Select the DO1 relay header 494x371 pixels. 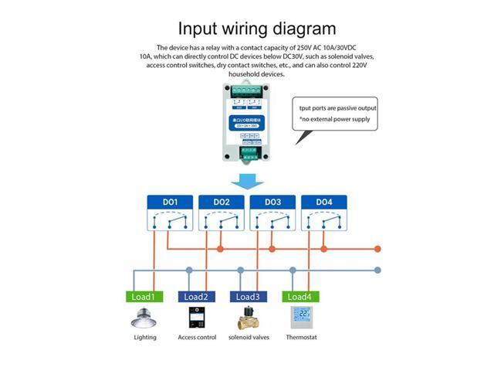click(x=171, y=203)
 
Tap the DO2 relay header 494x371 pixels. click(x=222, y=203)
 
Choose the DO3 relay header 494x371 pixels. click(x=272, y=203)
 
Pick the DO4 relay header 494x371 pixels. click(x=323, y=203)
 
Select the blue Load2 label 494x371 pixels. click(x=196, y=297)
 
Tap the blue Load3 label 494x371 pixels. click(x=247, y=297)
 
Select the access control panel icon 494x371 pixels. click(x=197, y=318)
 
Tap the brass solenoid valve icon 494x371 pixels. click(x=247, y=318)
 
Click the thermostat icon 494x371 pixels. click(x=300, y=318)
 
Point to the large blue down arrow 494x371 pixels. click(x=247, y=182)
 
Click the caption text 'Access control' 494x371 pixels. click(x=197, y=337)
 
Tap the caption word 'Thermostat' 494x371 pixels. click(x=301, y=337)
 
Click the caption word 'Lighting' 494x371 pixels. click(x=144, y=337)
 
